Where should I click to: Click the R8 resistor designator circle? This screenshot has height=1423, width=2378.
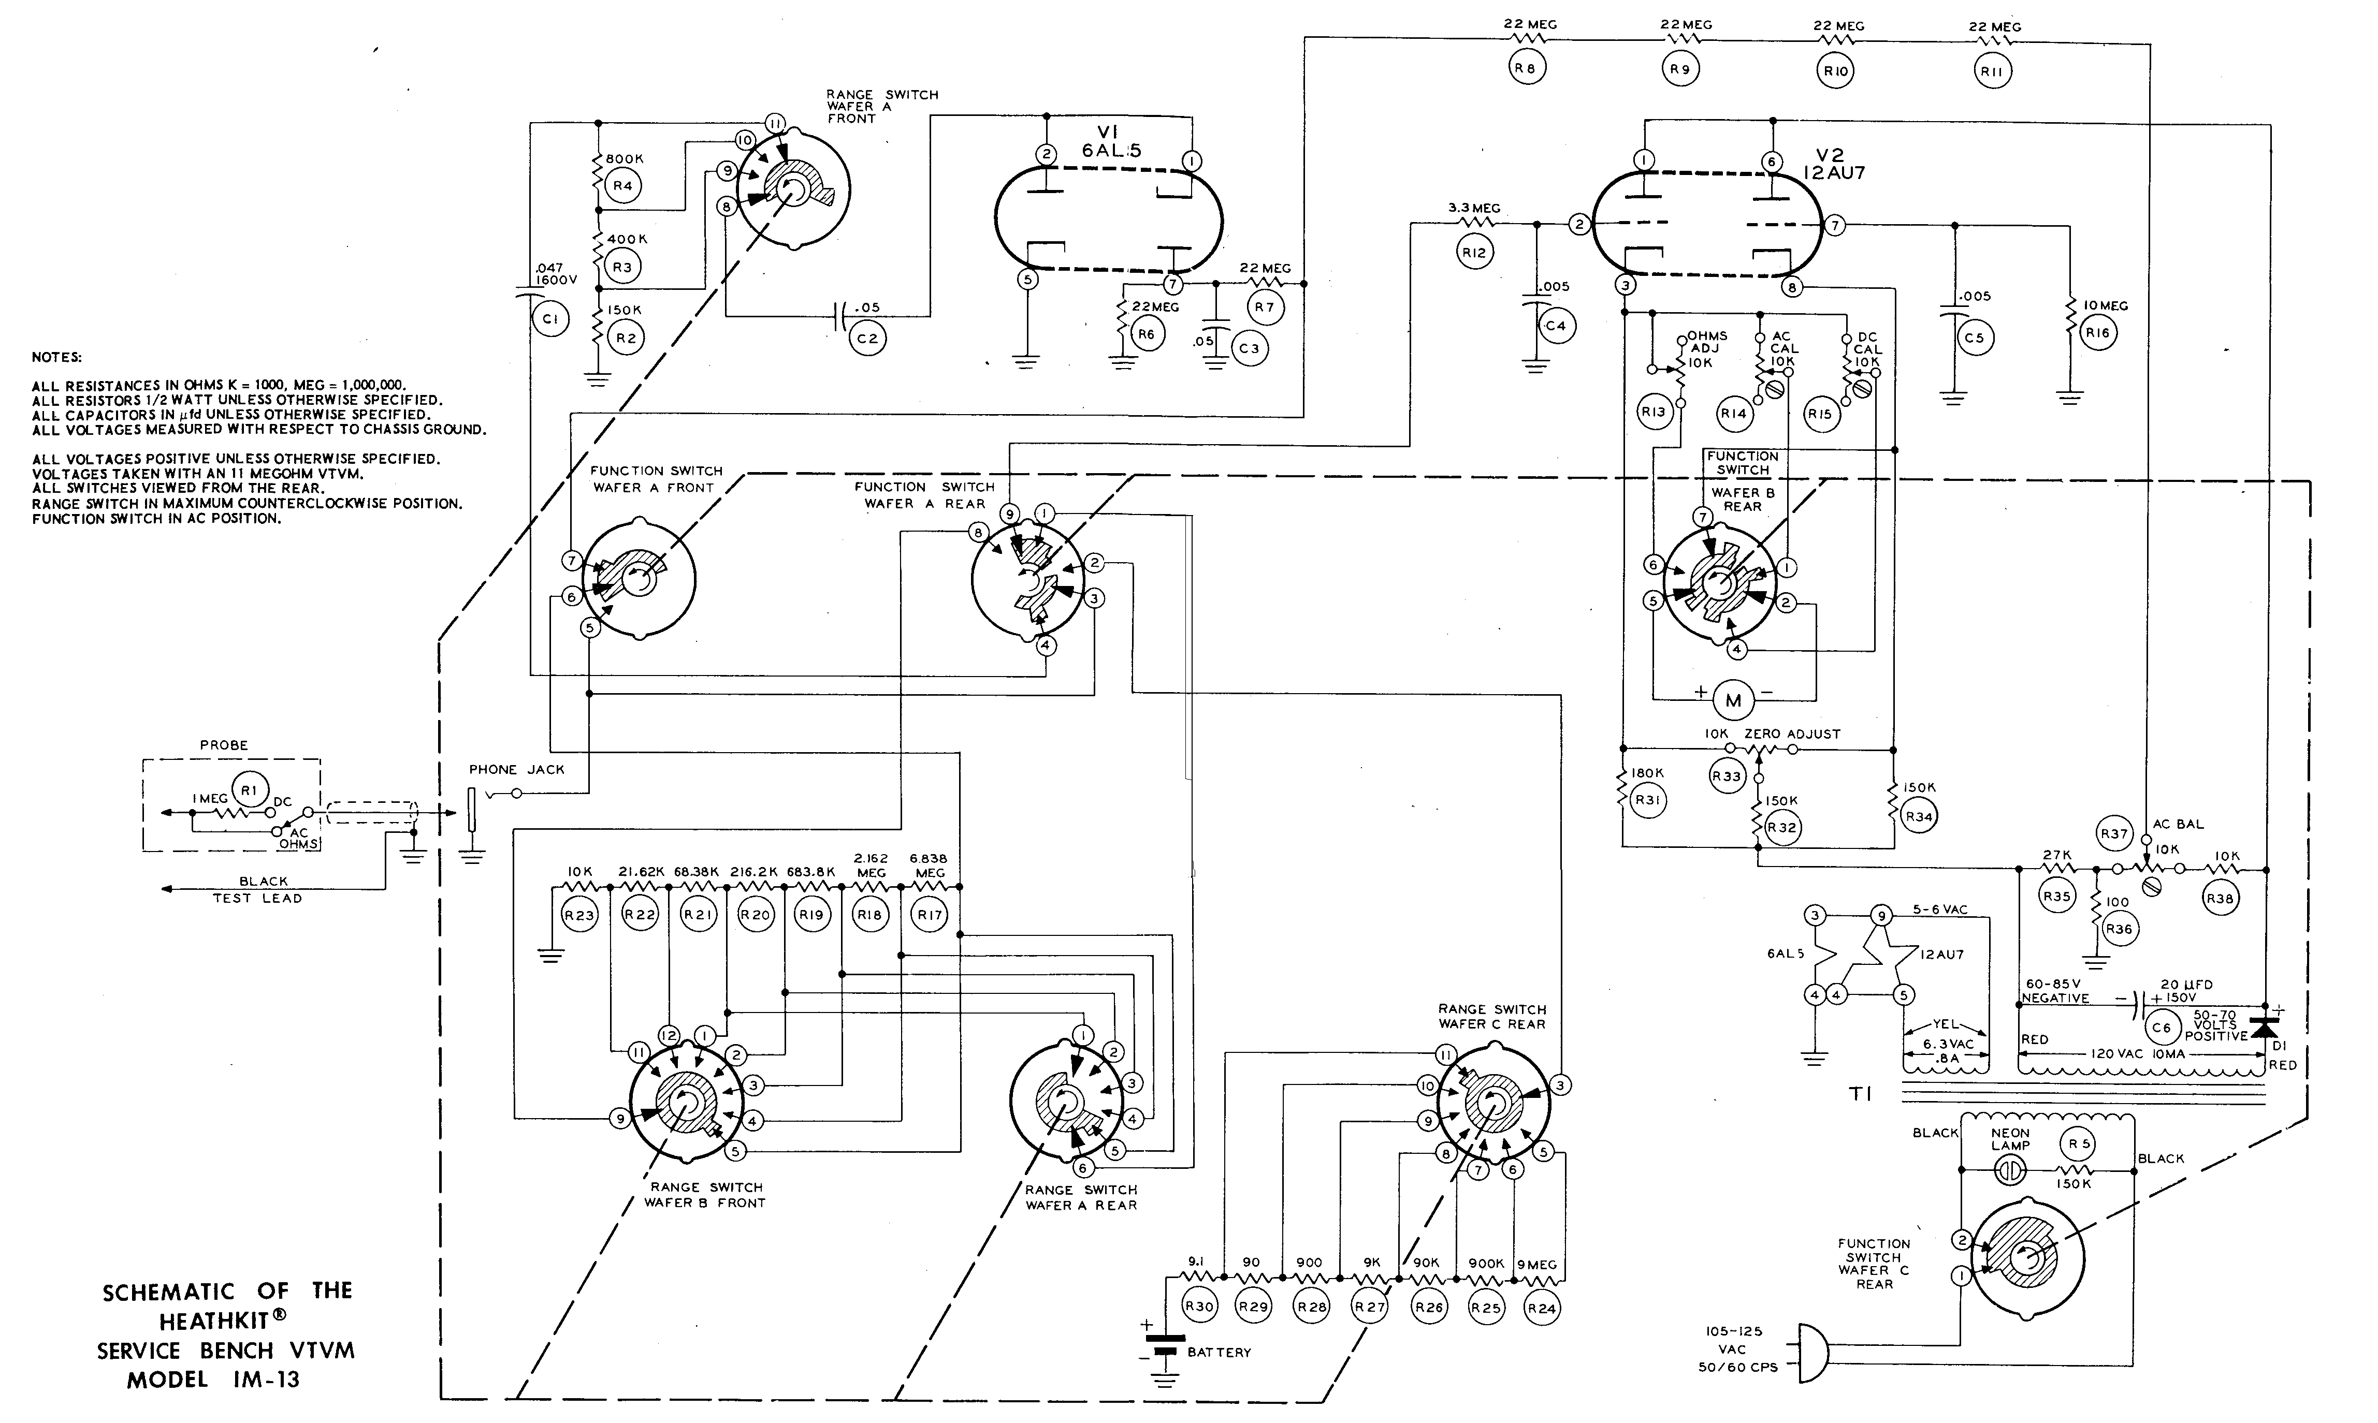click(x=1526, y=68)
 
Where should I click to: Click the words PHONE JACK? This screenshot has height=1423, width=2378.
click(x=517, y=769)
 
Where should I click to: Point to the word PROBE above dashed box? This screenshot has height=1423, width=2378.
click(x=224, y=745)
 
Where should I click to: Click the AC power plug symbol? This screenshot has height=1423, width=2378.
click(x=1813, y=1353)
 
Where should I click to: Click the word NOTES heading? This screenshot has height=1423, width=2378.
click(x=56, y=357)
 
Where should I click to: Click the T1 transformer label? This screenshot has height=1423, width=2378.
click(x=1861, y=1094)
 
